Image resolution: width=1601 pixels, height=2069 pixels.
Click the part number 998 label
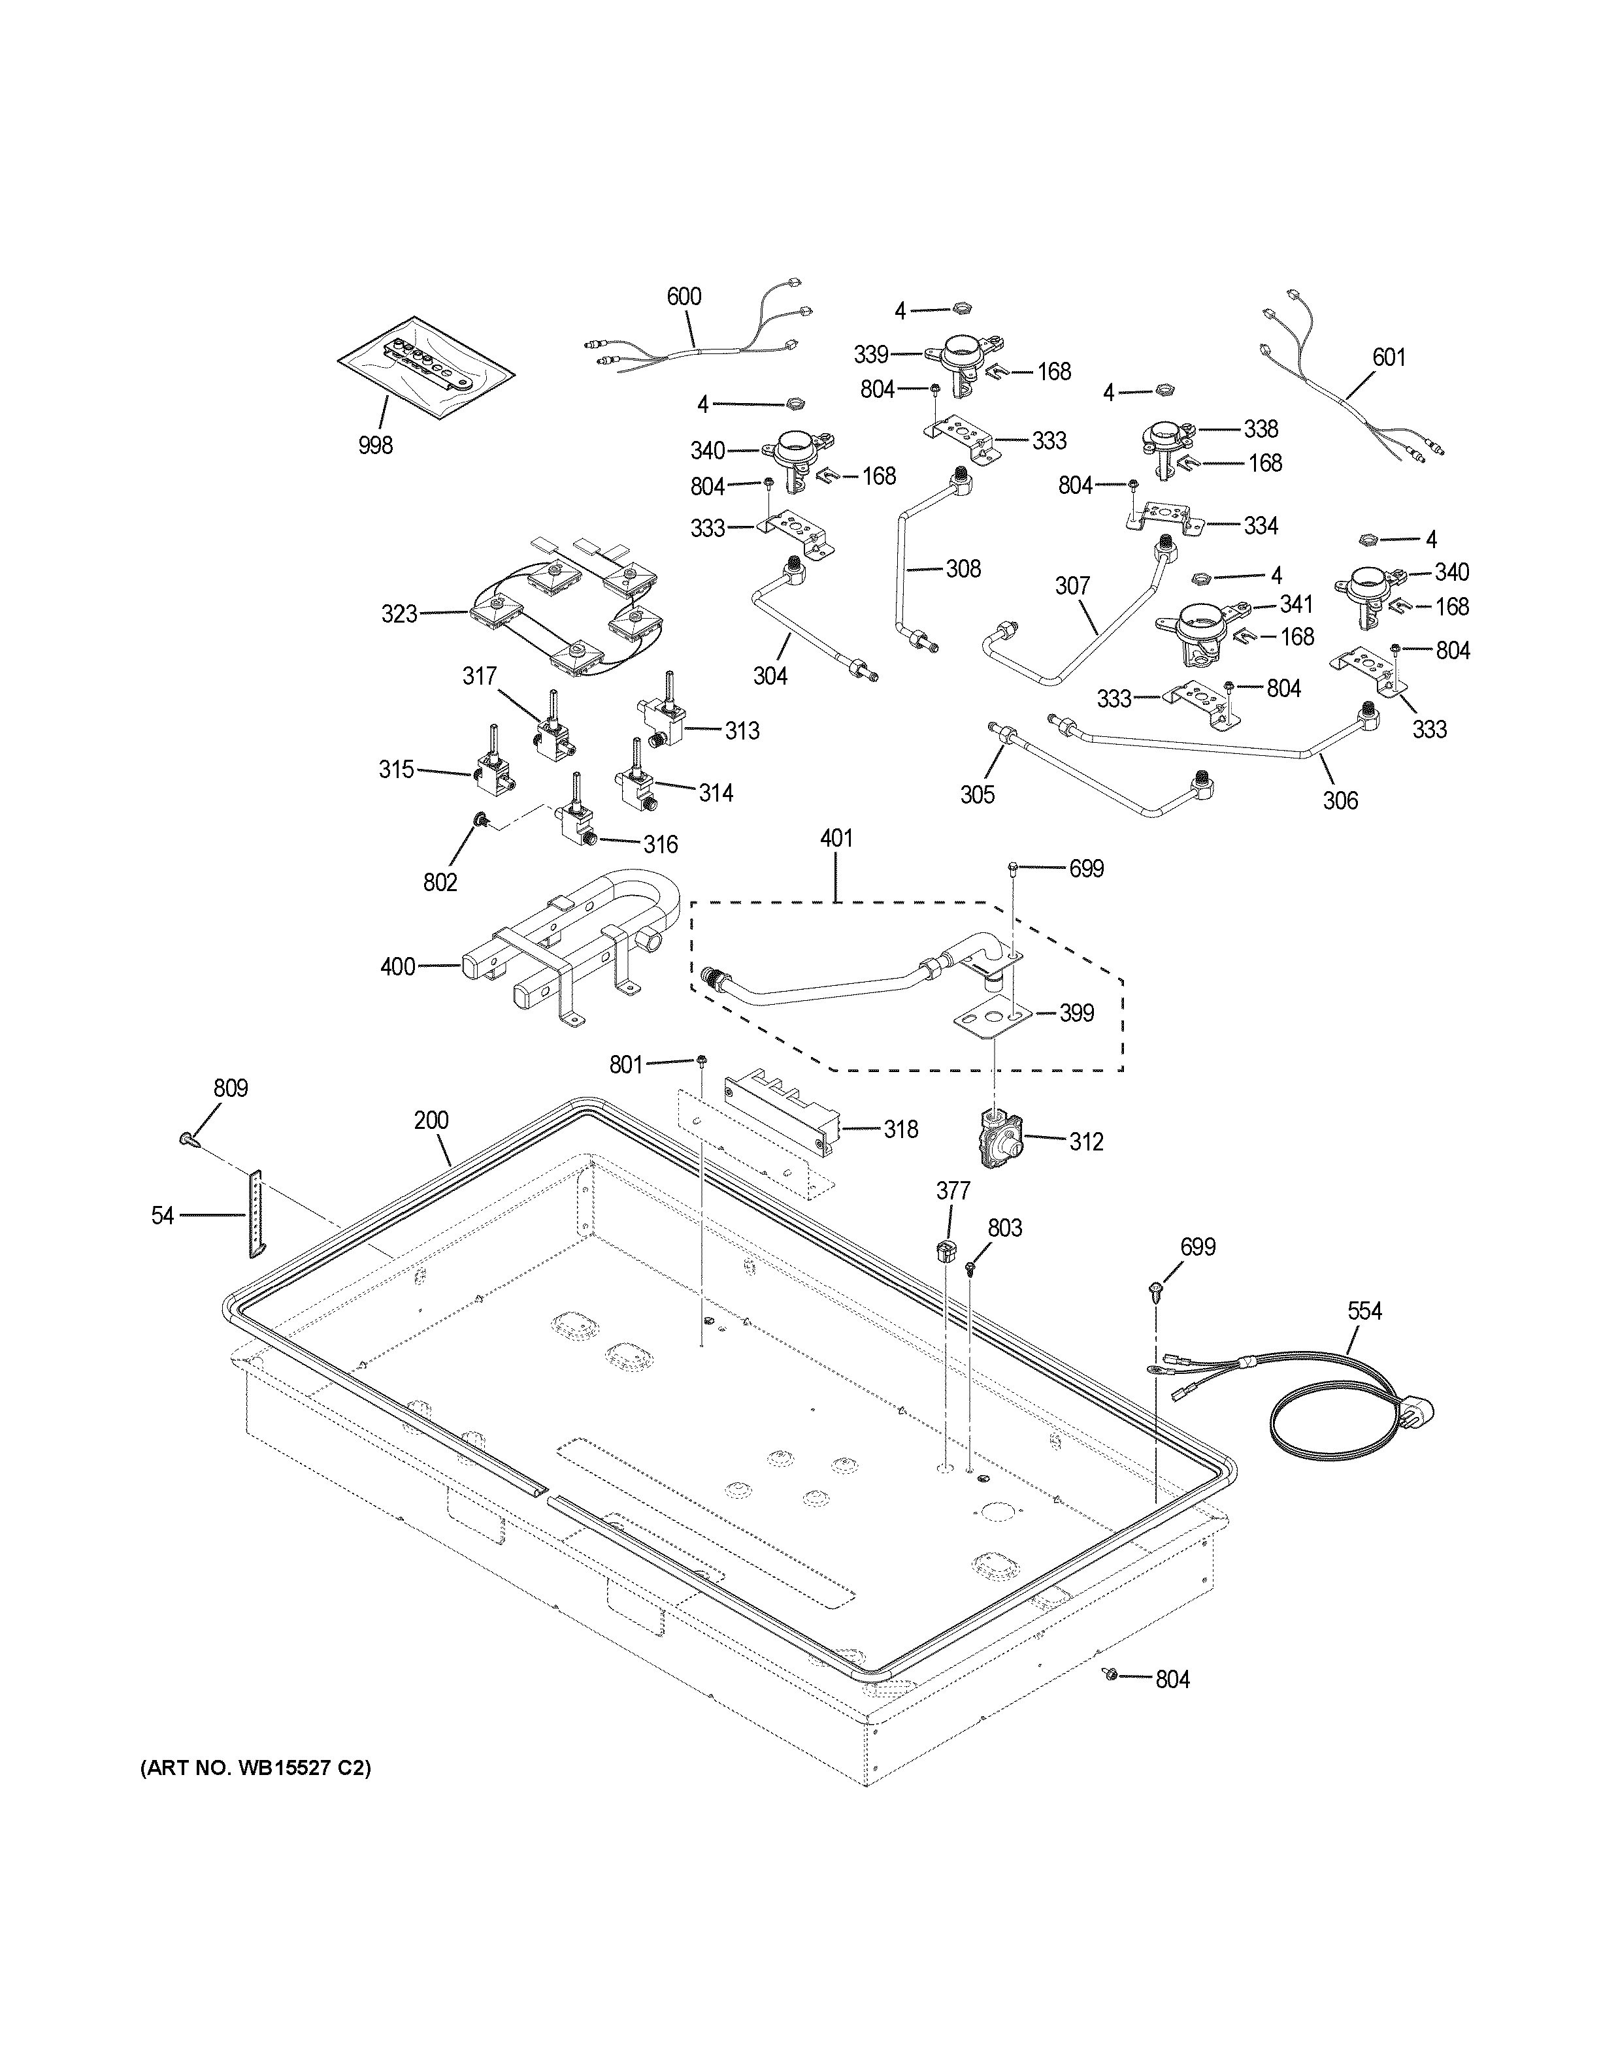tap(375, 446)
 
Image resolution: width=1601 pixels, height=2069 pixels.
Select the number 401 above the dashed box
tap(836, 838)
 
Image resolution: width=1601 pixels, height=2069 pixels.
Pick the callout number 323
tap(399, 614)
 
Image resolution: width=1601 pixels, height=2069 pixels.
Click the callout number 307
tap(1072, 587)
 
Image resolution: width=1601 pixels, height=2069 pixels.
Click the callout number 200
tap(431, 1120)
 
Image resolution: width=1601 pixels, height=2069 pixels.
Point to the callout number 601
tap(1389, 358)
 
